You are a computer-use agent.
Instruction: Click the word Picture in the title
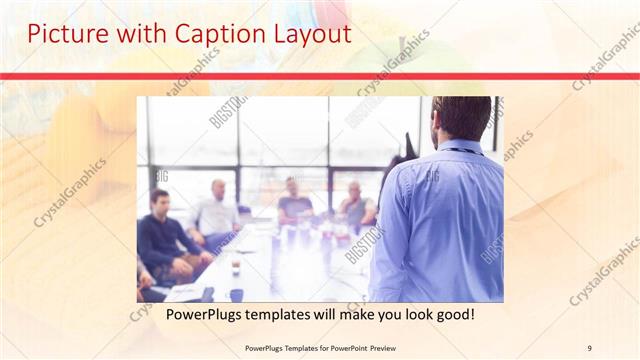coord(63,34)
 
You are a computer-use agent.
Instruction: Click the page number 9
coord(589,348)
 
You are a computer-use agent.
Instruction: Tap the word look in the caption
coord(405,315)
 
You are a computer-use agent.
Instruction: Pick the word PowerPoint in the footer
coord(339,348)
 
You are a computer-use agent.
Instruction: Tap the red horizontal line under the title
coord(320,76)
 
